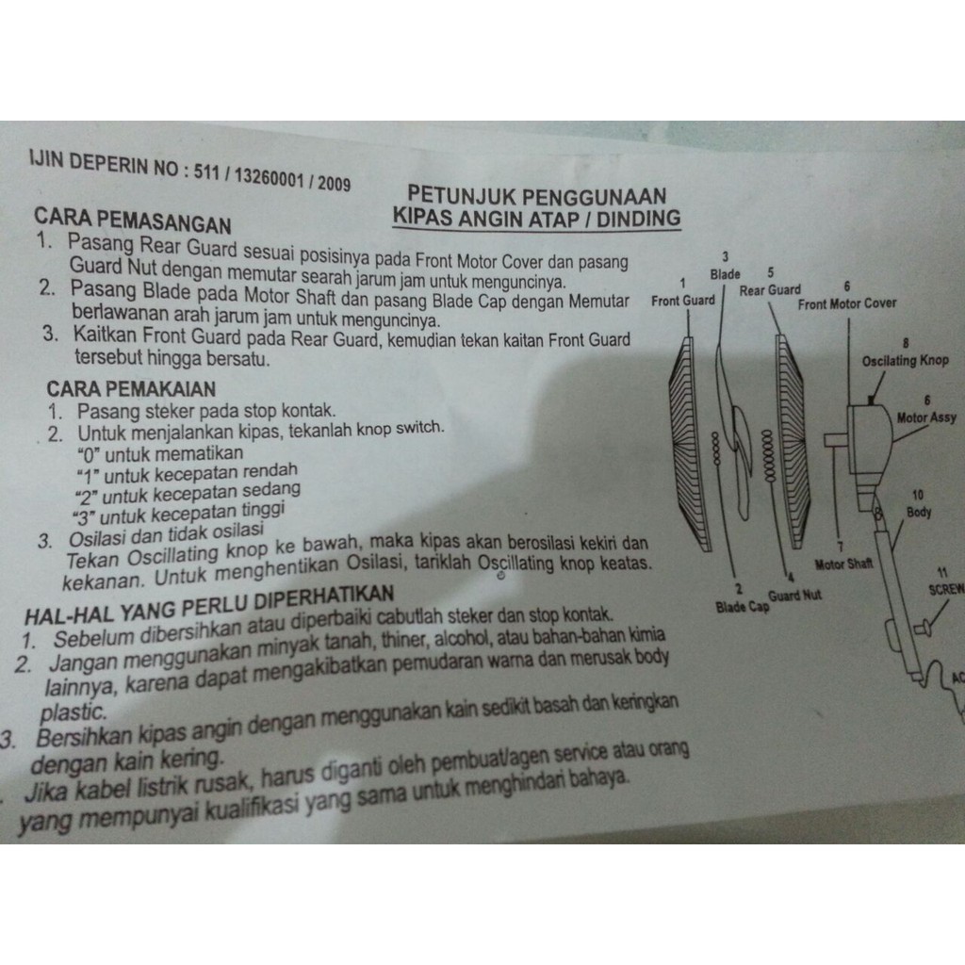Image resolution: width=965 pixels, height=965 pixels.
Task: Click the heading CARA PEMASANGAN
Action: tap(133, 221)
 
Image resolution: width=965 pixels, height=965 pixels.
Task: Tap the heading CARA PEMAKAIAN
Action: tap(131, 389)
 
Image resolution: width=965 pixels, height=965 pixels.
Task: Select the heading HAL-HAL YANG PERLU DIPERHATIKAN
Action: tap(208, 604)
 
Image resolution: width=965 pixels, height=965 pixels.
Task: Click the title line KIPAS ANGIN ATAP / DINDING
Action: tap(536, 219)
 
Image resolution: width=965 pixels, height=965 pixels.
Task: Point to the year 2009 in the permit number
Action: tap(335, 184)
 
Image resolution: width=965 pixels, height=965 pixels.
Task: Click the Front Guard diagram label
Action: tap(683, 301)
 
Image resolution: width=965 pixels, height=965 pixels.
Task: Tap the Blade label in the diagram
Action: tap(725, 274)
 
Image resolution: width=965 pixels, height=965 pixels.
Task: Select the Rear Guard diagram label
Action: tap(770, 290)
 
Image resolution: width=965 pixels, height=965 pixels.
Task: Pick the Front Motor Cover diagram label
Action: tap(847, 304)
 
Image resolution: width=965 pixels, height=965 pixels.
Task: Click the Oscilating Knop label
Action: tap(905, 361)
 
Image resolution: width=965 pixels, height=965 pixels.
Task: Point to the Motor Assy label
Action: tap(926, 417)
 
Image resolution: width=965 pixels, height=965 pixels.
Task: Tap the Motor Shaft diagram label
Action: tap(843, 564)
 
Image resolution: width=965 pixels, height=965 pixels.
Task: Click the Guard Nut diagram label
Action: tap(794, 596)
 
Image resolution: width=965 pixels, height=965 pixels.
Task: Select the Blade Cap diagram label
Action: tap(743, 608)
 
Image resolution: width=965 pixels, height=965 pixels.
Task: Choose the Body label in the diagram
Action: tap(919, 512)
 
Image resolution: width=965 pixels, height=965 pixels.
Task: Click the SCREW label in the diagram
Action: tap(946, 590)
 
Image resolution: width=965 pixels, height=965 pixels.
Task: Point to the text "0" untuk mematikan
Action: tap(160, 455)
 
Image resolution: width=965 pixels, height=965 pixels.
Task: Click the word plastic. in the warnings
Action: tap(74, 712)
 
